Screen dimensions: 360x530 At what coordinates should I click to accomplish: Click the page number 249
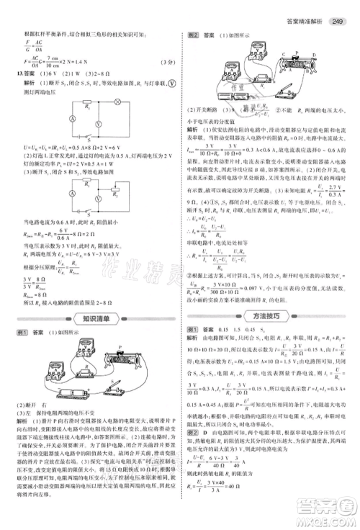click(x=341, y=9)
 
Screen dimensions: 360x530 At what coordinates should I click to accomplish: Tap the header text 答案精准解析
click(x=305, y=9)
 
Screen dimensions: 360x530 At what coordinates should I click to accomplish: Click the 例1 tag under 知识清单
click(x=22, y=332)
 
